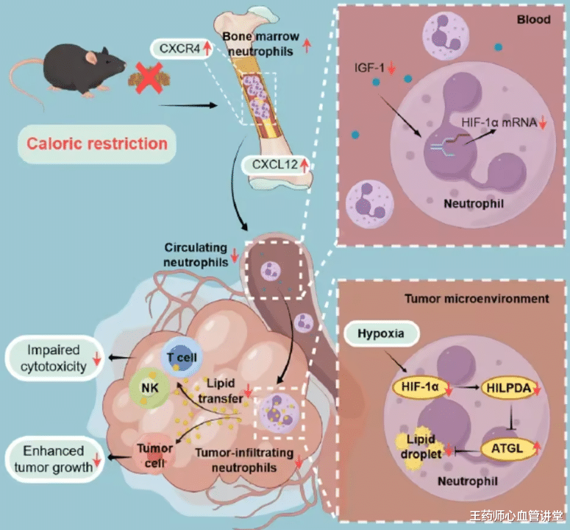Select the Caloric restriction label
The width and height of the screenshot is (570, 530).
click(97, 143)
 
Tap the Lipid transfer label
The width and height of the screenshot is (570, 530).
click(224, 389)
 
